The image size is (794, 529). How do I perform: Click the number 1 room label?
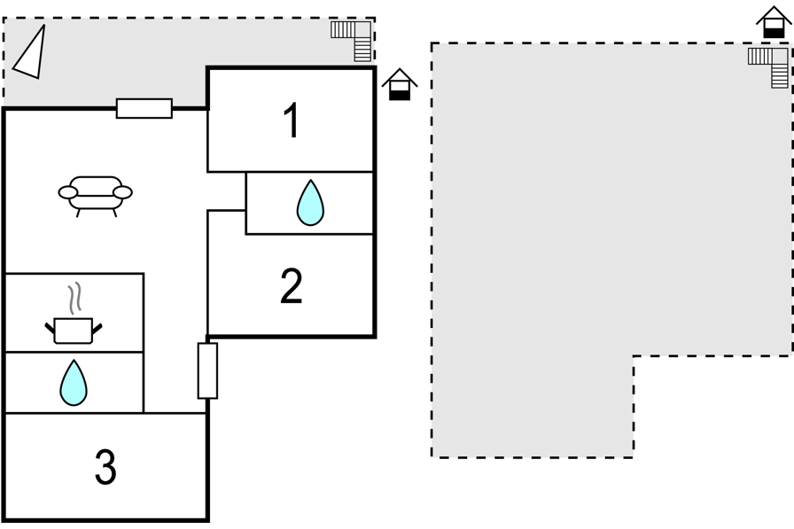292,120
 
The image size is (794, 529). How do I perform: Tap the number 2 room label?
292,286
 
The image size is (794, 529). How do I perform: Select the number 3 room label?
105,467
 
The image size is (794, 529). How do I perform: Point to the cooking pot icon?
74,330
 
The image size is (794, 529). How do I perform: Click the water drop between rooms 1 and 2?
310,203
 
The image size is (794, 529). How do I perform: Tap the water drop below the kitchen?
74,383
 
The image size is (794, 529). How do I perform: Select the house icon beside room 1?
400,84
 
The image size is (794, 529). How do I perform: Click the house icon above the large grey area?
774,22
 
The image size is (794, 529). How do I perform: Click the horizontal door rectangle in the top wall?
144,108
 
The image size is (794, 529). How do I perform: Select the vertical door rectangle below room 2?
207,370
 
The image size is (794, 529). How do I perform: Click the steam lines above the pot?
75,298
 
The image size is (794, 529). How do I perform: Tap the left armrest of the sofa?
68,192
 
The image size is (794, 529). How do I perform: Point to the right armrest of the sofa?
122,192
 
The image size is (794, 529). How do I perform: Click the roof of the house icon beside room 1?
400,76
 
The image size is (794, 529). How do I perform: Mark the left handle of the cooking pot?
50,328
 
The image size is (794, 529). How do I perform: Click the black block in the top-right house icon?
774,34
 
